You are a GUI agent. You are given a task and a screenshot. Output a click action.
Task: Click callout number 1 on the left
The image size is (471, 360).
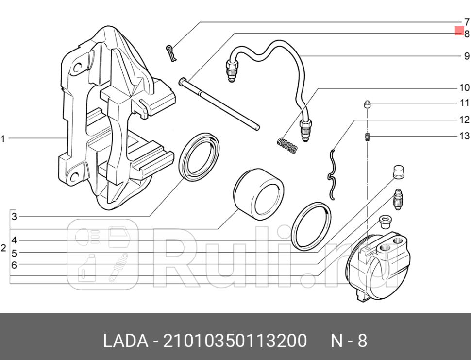[3, 139]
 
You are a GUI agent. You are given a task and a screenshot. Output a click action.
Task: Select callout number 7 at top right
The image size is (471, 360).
[467, 22]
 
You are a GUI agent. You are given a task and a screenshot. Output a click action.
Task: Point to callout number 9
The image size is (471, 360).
[467, 56]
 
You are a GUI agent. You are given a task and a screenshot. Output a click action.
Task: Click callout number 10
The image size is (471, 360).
[464, 87]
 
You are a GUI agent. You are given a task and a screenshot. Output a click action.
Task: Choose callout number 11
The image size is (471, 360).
[465, 103]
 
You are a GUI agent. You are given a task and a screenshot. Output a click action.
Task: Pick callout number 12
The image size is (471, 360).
[464, 120]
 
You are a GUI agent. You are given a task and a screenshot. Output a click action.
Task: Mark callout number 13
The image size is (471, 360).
[464, 136]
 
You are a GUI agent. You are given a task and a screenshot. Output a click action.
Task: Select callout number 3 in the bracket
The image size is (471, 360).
[15, 217]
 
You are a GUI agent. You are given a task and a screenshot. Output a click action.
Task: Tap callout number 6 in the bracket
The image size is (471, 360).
[15, 265]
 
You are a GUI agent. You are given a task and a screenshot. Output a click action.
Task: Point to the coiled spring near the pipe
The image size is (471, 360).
[287, 146]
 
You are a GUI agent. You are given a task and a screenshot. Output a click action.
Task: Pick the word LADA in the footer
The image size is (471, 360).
[125, 341]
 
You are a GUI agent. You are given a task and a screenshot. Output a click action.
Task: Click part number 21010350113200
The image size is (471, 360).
[235, 341]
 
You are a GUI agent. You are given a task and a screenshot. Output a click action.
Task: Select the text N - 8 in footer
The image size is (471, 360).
[349, 341]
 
